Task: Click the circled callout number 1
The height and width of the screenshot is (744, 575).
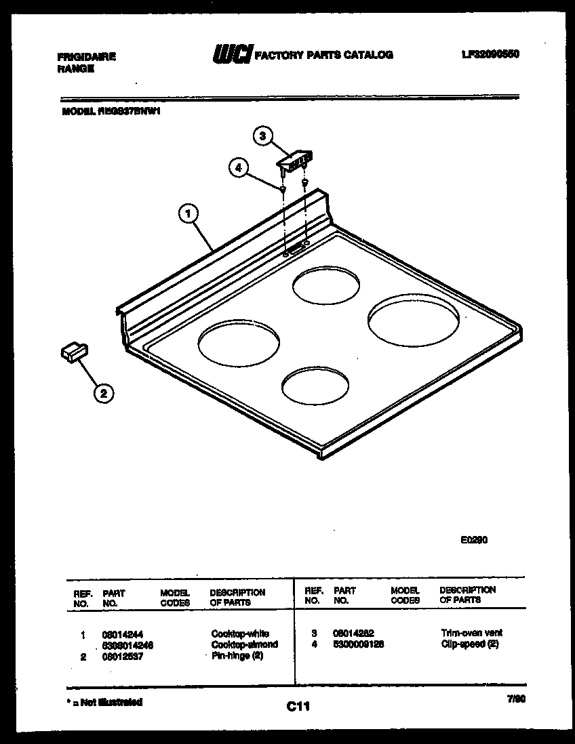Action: pos(189,215)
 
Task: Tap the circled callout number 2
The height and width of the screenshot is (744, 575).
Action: pos(103,392)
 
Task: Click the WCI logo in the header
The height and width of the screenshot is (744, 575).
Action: pos(233,54)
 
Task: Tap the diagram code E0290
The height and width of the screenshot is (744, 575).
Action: pos(474,540)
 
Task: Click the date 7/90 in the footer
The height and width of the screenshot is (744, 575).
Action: pos(516,702)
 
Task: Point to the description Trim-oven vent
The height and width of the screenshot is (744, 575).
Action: pos(471,633)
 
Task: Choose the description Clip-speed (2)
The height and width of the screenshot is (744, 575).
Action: pos(469,644)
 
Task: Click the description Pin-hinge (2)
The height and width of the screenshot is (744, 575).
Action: pos(237,655)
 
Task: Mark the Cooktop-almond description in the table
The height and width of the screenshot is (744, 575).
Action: pos(244,644)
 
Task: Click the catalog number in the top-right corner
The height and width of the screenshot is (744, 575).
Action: pos(490,54)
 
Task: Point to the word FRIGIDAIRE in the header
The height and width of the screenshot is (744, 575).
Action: pos(86,57)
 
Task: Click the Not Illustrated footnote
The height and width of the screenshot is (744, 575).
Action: pos(104,702)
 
